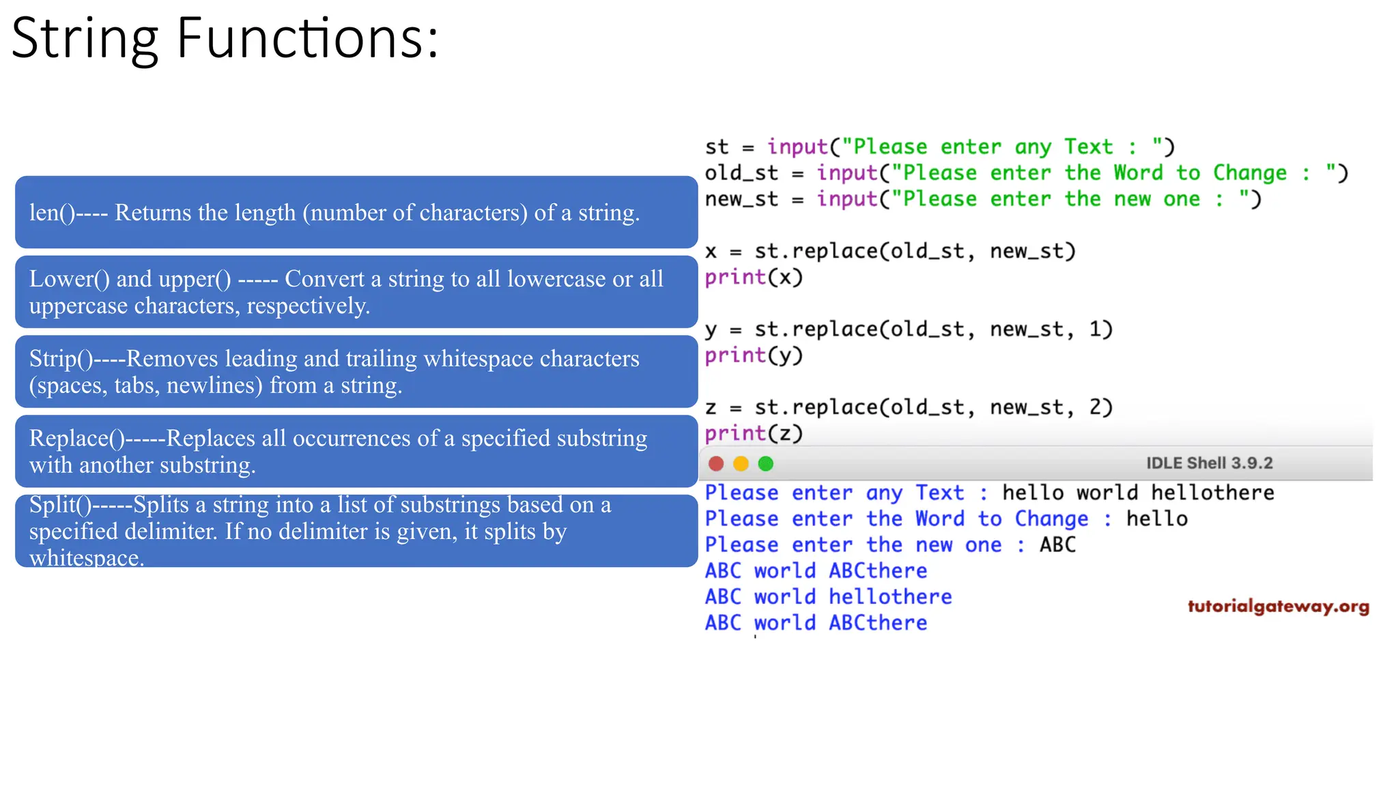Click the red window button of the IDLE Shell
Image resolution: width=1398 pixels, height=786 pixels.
click(716, 464)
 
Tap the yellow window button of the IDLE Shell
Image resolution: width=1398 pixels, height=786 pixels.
click(741, 464)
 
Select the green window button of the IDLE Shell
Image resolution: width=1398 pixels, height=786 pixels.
click(766, 464)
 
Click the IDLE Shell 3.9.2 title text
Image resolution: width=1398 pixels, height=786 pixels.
click(1209, 463)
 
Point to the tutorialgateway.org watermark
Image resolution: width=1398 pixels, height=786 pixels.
click(1278, 607)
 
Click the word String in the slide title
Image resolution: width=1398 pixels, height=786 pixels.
click(85, 40)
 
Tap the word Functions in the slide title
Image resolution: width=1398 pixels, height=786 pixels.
click(300, 40)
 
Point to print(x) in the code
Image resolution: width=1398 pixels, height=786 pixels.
click(754, 278)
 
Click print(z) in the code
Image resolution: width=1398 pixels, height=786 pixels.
click(754, 433)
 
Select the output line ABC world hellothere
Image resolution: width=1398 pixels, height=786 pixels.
click(828, 597)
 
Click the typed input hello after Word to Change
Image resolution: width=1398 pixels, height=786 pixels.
click(1156, 519)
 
